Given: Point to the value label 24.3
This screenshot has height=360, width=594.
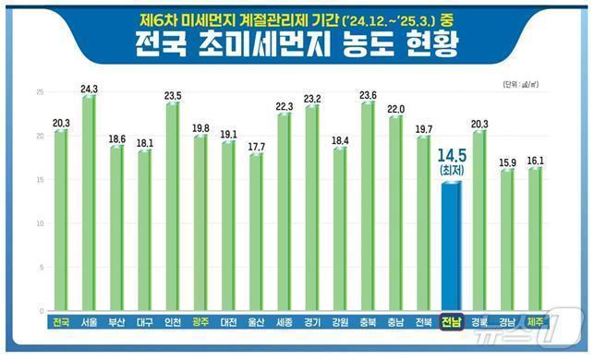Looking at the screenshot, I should pos(90,89).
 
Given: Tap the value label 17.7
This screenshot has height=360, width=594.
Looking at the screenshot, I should pos(256,147).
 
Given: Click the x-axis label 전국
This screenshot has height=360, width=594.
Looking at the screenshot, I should pos(61,322).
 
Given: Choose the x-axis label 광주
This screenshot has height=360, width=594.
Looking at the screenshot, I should pos(200,322).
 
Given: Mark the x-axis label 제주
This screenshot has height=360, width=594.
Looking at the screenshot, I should pos(535,322).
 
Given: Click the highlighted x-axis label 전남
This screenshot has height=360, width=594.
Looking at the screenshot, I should pos(452,322).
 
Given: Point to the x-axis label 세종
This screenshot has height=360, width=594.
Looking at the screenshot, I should pos(284,322).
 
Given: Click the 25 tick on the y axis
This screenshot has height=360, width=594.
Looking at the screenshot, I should pos(39,92).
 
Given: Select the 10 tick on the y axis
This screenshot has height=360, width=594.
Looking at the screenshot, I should pos(39,223).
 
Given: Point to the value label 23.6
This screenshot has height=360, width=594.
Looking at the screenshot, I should pos(368,95).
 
